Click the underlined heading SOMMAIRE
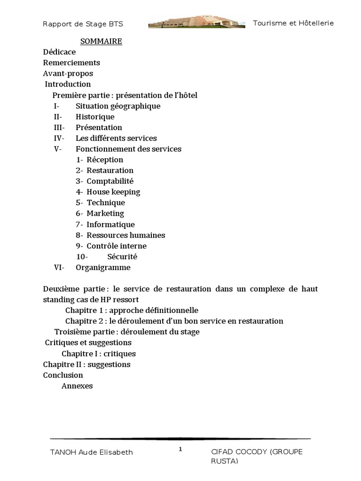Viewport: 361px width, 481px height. pyautogui.click(x=101, y=41)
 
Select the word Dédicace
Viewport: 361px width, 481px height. pyautogui.click(x=59, y=52)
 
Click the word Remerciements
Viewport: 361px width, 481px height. pyautogui.click(x=71, y=63)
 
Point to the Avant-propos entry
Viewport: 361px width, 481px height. pyautogui.click(x=68, y=74)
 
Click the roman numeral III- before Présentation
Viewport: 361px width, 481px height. pyautogui.click(x=59, y=128)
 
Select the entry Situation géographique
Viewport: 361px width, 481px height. pyautogui.click(x=118, y=106)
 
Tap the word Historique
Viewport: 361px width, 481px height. pyautogui.click(x=95, y=117)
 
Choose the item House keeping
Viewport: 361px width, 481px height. pyautogui.click(x=113, y=192)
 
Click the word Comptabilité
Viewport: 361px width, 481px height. pyautogui.click(x=110, y=181)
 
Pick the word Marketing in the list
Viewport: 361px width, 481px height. pyautogui.click(x=105, y=214)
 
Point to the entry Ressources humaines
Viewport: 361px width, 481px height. pyautogui.click(x=126, y=235)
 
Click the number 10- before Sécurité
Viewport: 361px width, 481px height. pyautogui.click(x=82, y=257)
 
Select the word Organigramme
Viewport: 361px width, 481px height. pyautogui.click(x=103, y=268)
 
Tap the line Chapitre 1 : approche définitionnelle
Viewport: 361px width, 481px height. pyautogui.click(x=132, y=310)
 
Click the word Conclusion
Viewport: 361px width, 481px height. pyautogui.click(x=63, y=375)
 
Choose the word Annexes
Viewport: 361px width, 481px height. pyautogui.click(x=77, y=386)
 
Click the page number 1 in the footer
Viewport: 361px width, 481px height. pyautogui.click(x=180, y=450)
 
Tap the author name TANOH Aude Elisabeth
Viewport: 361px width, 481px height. pyautogui.click(x=91, y=452)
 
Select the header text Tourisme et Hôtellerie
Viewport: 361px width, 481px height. pyautogui.click(x=293, y=23)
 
